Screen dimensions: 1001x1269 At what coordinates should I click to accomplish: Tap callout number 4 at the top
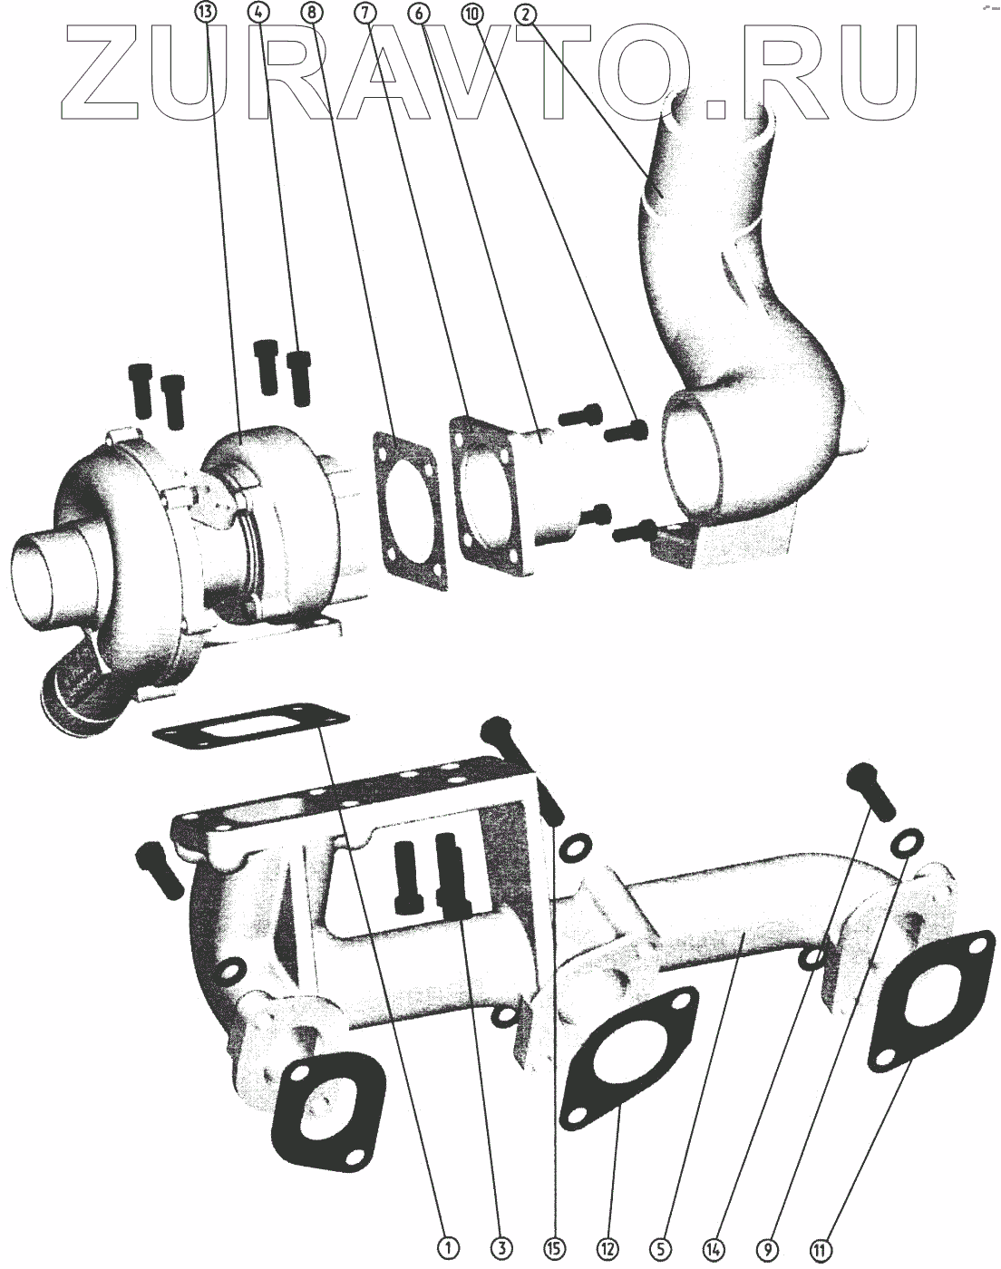point(258,12)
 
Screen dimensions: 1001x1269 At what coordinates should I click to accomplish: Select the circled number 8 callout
point(311,12)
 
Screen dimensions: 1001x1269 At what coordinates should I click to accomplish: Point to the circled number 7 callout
point(365,12)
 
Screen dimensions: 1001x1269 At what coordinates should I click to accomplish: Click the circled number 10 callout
point(472,13)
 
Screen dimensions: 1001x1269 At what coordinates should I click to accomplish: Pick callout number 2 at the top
point(527,13)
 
